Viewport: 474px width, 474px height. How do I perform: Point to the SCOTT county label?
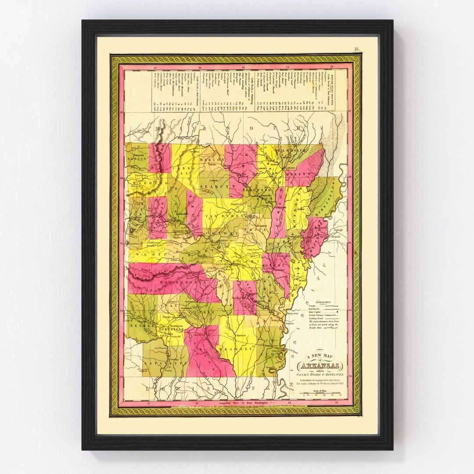coord(144,254)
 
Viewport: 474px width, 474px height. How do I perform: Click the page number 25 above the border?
coord(357,49)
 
